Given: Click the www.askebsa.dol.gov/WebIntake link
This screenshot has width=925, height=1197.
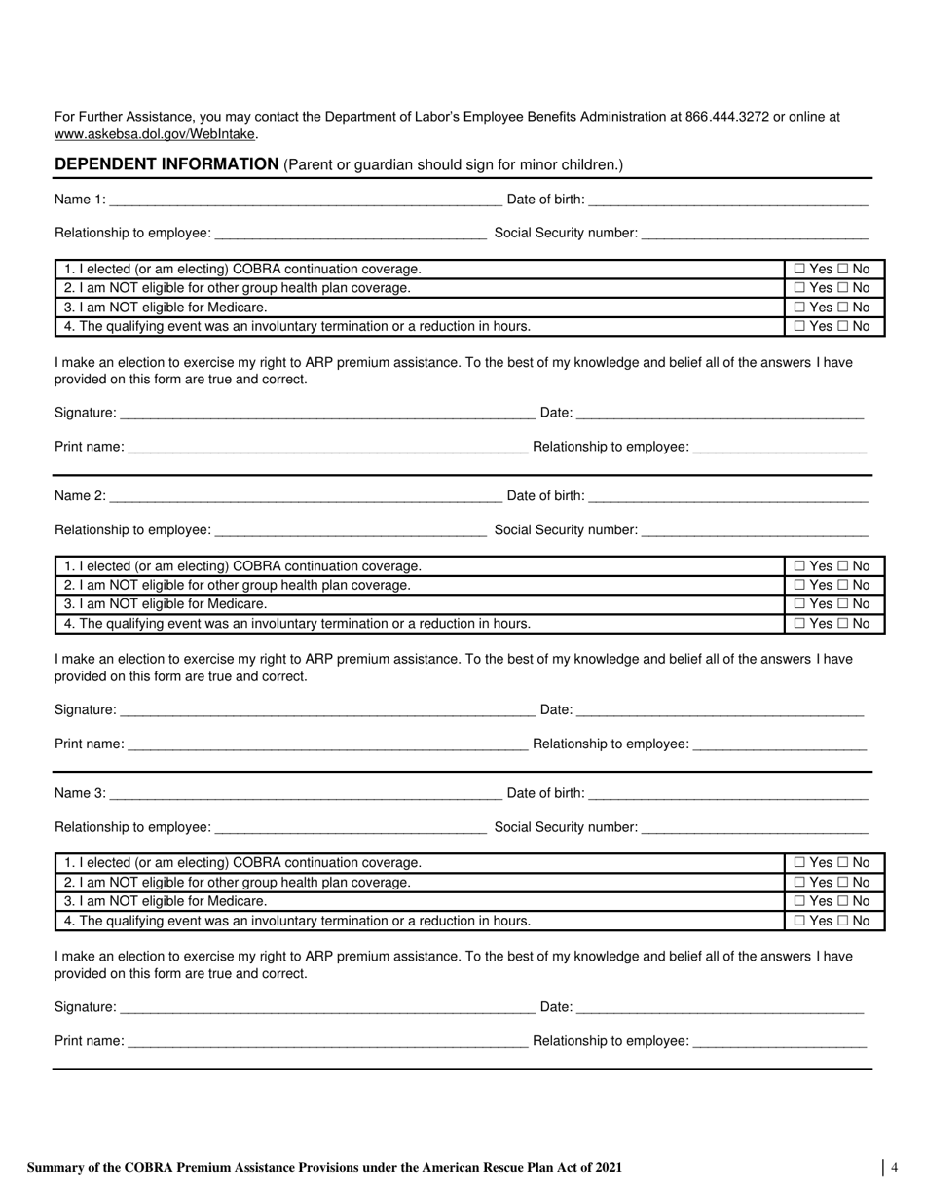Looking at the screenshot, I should (156, 134).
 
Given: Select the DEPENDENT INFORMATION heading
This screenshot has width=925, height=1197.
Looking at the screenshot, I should (166, 164).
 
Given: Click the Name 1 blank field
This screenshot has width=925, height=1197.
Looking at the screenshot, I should (306, 200).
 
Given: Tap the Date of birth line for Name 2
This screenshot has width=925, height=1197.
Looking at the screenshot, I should (727, 496).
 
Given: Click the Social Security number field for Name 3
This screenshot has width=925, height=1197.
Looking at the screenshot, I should (755, 828).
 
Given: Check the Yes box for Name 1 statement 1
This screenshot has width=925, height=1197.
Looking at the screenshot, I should (800, 270).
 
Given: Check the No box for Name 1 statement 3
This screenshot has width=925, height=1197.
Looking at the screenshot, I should (844, 308).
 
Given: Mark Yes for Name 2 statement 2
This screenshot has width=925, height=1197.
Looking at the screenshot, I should (800, 586).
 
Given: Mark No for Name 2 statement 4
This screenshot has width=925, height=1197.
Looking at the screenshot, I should (844, 624).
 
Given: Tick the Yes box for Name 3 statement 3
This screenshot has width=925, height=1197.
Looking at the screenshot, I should (800, 901).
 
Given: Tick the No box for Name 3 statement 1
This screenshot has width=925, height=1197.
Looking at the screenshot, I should (844, 863).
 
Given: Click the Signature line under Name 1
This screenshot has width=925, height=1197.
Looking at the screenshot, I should (327, 414).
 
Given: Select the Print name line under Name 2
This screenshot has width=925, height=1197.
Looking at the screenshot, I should (327, 744).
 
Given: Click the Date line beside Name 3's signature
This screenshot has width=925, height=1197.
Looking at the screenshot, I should (720, 1008).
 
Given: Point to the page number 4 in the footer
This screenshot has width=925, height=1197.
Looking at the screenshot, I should (894, 1168).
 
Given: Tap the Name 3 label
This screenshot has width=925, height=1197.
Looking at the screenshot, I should (80, 793).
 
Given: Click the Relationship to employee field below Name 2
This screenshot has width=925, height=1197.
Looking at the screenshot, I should (350, 531).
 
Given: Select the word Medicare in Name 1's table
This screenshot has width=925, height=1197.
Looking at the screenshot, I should (237, 308).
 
